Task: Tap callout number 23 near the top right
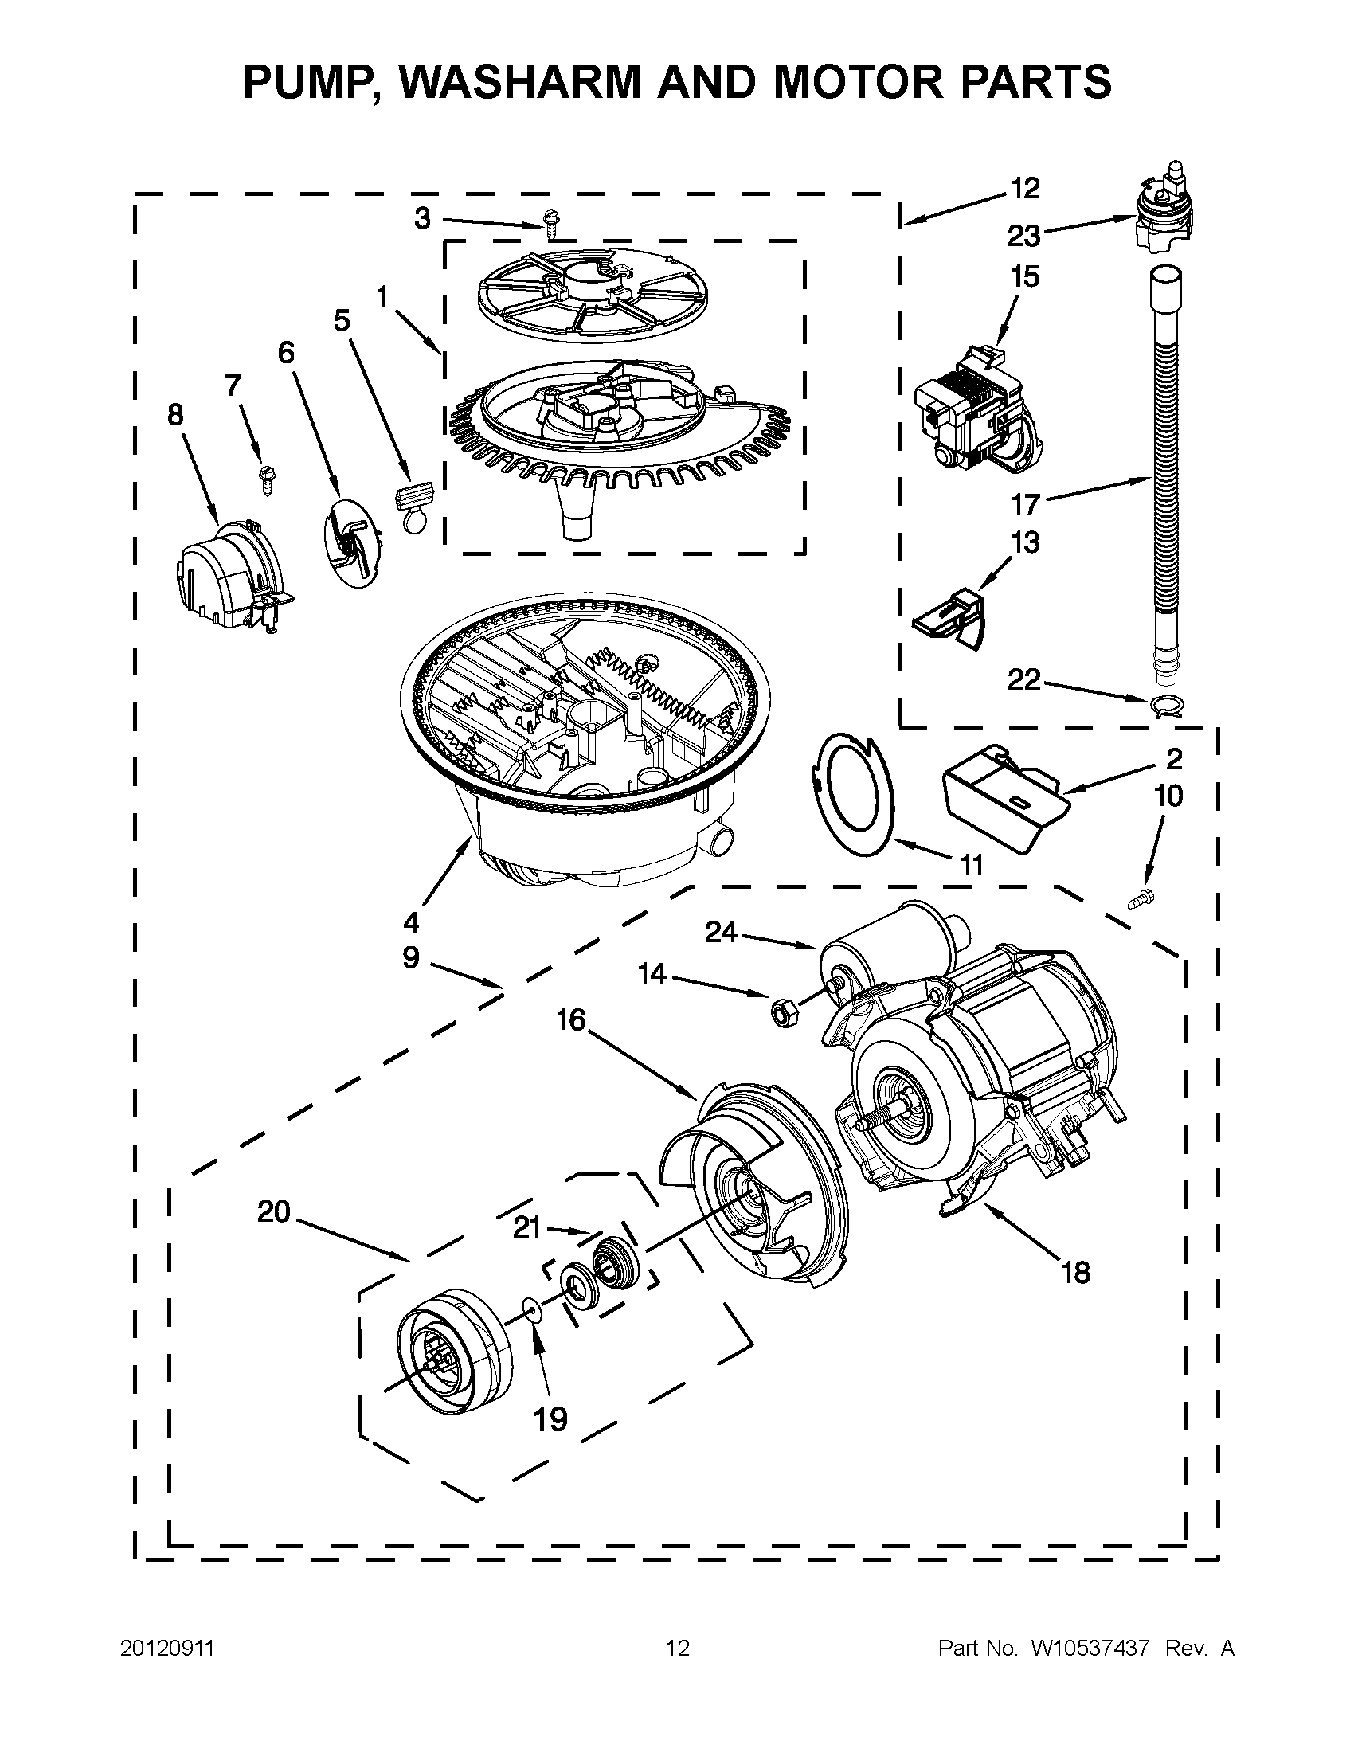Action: [x=1024, y=236]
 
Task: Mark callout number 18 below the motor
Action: [x=1075, y=1271]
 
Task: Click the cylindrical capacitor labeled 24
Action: [x=891, y=947]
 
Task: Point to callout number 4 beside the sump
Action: [x=411, y=923]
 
